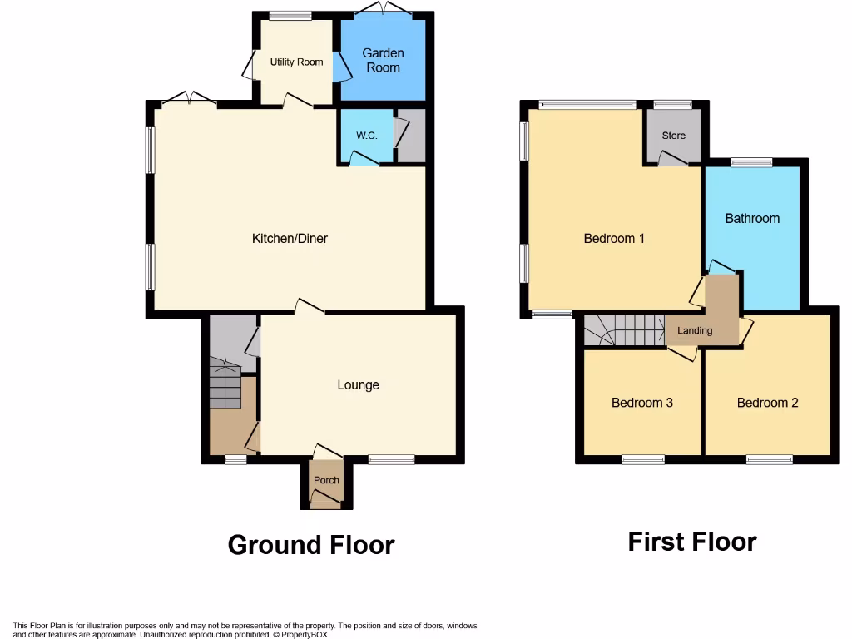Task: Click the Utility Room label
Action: pyautogui.click(x=296, y=62)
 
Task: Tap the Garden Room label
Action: pyautogui.click(x=383, y=60)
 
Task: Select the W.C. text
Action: pyautogui.click(x=367, y=135)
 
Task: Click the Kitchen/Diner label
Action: pyautogui.click(x=290, y=239)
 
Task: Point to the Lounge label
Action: pyautogui.click(x=358, y=384)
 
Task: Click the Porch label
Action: pyautogui.click(x=326, y=480)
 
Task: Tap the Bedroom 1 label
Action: pyautogui.click(x=614, y=239)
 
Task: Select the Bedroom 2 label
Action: pyautogui.click(x=767, y=403)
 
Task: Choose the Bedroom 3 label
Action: pyautogui.click(x=641, y=403)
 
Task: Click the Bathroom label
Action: pyautogui.click(x=752, y=219)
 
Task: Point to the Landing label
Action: pyautogui.click(x=695, y=330)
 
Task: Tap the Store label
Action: pyautogui.click(x=673, y=135)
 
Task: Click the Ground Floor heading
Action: pyautogui.click(x=310, y=545)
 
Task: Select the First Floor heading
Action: pyautogui.click(x=691, y=542)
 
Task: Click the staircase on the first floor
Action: pyautogui.click(x=624, y=330)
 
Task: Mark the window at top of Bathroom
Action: pyautogui.click(x=751, y=162)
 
